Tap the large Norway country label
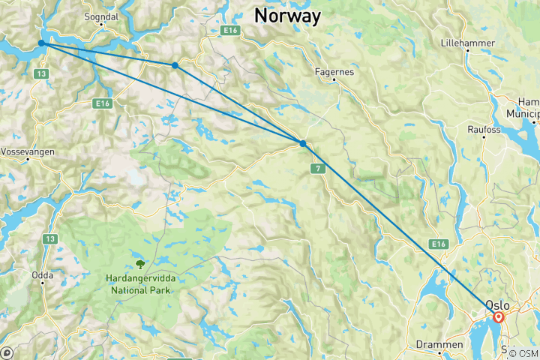[287, 15]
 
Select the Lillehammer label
[468, 43]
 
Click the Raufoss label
[484, 130]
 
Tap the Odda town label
[42, 275]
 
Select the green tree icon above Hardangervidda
[139, 263]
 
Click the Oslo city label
[498, 304]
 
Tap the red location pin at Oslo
[499, 317]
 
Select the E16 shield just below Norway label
[229, 31]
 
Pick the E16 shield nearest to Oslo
[439, 244]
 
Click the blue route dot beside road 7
[302, 143]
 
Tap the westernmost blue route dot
[42, 43]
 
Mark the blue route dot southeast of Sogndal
[175, 65]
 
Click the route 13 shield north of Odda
[50, 238]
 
